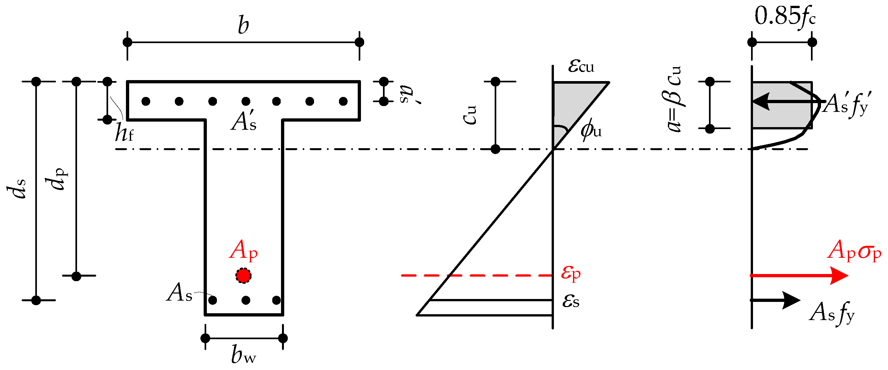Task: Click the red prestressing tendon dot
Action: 243,275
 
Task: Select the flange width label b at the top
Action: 243,26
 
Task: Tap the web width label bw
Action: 243,355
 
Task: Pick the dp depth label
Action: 57,179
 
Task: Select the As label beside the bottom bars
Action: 179,293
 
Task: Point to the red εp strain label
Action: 571,273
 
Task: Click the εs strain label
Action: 571,301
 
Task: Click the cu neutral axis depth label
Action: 469,114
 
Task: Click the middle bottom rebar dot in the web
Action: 246,300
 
